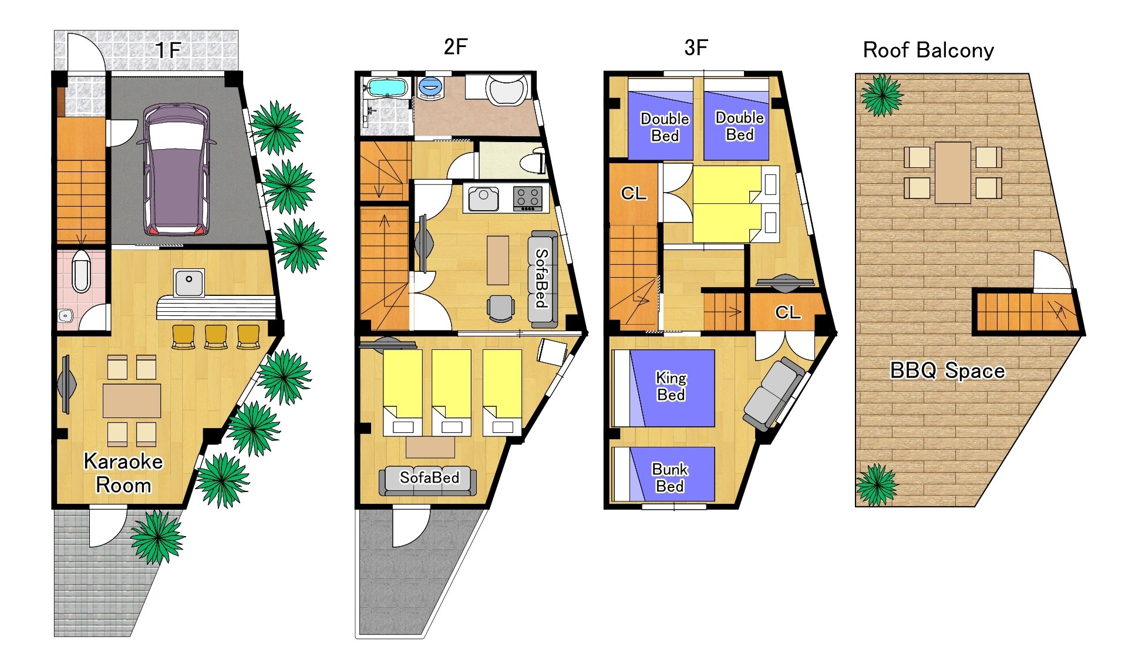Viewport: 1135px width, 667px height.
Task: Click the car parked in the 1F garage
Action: click(176, 169)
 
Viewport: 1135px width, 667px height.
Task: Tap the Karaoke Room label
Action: click(123, 473)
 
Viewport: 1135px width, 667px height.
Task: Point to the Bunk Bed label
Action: click(670, 478)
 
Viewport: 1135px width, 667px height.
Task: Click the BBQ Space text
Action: click(947, 370)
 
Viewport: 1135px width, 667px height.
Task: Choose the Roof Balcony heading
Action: click(928, 50)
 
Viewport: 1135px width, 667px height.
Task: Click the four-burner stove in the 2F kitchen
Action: click(528, 198)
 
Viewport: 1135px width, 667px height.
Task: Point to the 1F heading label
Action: click(168, 50)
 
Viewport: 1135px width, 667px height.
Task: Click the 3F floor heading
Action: click(696, 47)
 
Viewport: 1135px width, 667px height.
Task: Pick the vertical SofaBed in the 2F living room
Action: click(543, 279)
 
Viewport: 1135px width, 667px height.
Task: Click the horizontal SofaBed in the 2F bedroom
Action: click(428, 480)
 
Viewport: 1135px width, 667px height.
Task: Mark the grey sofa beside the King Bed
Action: click(773, 394)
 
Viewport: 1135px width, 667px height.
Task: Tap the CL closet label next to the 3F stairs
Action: click(634, 193)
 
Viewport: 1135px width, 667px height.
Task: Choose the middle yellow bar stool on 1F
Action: click(215, 336)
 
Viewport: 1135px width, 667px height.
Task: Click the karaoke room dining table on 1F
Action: click(132, 400)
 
